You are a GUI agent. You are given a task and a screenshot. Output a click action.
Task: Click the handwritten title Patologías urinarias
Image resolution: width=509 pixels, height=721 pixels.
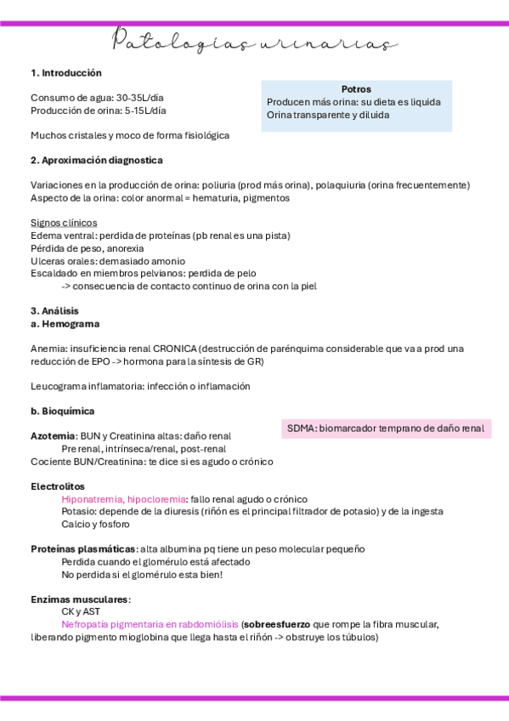254,43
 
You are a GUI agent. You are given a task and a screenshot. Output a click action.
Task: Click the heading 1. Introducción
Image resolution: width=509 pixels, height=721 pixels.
65,73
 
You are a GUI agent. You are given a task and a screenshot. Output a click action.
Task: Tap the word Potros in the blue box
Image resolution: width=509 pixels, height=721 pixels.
356,88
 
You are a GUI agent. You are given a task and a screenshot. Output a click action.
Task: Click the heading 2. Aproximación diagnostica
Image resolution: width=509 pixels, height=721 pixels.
96,160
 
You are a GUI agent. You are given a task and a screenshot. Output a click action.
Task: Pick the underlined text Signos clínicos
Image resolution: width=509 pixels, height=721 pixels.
64,223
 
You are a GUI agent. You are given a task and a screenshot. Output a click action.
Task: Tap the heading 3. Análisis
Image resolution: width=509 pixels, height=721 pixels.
54,311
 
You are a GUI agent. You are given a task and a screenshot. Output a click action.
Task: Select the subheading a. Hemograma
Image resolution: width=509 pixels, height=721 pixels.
65,324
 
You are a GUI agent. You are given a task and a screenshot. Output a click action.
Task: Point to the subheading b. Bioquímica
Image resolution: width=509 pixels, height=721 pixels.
62,411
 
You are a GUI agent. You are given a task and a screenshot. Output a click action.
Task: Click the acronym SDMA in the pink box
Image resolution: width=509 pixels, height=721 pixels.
301,429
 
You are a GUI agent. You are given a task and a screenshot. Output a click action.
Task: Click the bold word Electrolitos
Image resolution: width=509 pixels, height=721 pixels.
57,486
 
